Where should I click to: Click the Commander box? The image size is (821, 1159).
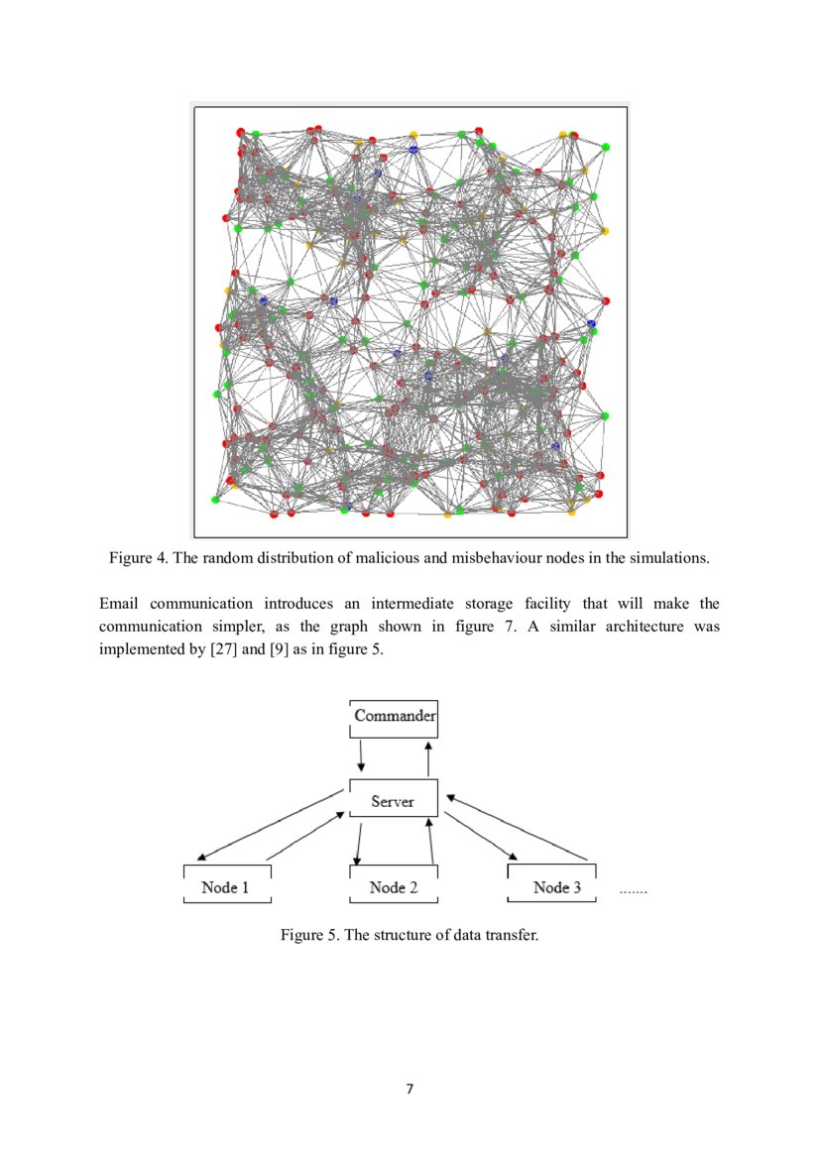point(394,717)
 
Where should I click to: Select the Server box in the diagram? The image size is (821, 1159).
point(393,801)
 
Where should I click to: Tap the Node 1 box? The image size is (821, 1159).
point(227,886)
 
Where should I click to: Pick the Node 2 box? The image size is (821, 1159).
point(393,886)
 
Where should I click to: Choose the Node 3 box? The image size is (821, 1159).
point(554,886)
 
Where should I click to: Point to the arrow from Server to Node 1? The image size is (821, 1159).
point(273,825)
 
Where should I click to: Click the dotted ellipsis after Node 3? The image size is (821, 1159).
point(633,891)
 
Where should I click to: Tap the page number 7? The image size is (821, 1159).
point(410,1090)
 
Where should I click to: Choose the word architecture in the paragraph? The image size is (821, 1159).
point(639,627)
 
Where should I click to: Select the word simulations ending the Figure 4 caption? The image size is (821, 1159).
point(671,557)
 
